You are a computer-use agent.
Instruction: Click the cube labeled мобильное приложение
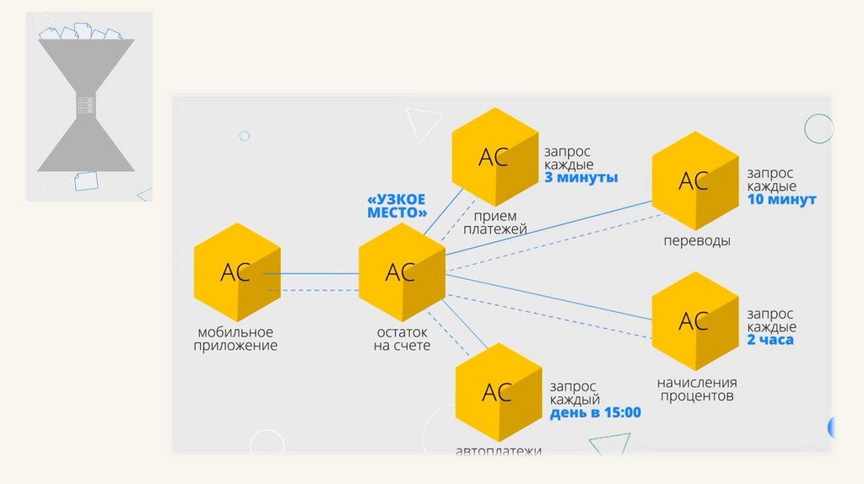[236, 272]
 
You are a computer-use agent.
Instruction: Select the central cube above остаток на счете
[401, 272]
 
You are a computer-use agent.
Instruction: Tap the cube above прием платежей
[494, 157]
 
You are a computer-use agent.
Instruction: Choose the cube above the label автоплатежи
[498, 392]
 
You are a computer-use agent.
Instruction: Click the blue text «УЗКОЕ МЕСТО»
[397, 207]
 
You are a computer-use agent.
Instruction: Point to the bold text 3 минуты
[581, 178]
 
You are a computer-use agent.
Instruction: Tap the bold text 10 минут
[781, 200]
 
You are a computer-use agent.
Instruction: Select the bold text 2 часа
[769, 340]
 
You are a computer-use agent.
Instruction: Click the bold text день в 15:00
[596, 413]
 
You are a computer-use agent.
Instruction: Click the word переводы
[696, 241]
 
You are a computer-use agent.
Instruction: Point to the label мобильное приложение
[235, 339]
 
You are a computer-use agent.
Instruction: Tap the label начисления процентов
[697, 389]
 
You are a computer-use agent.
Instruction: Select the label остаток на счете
[402, 339]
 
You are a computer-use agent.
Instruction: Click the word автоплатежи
[498, 450]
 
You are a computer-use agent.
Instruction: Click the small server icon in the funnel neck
[85, 105]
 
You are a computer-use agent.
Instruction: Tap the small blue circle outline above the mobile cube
[245, 136]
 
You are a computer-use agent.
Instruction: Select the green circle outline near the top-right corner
[818, 128]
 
